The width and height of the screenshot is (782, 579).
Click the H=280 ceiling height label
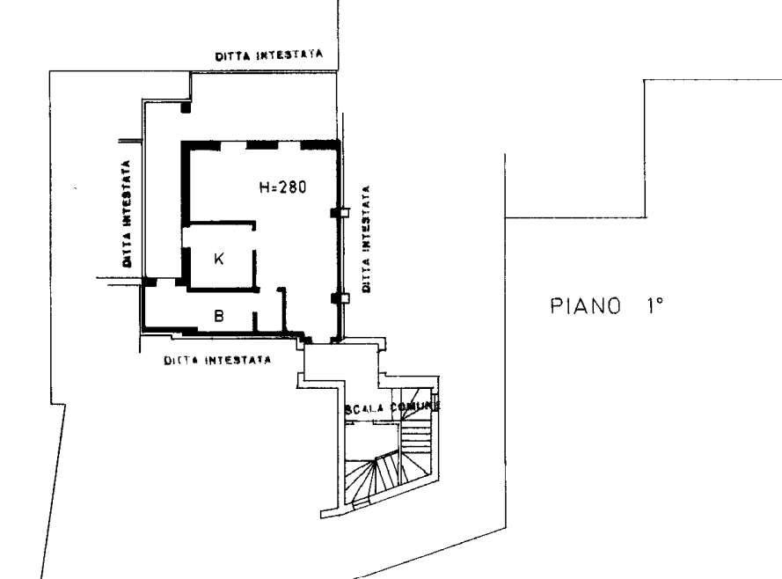click(x=282, y=187)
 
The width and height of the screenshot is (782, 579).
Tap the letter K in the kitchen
click(x=220, y=258)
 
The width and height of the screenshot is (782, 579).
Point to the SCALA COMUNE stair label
click(x=392, y=408)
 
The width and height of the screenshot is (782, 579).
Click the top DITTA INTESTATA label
click(x=269, y=55)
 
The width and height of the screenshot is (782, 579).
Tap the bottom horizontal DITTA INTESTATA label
click(x=216, y=360)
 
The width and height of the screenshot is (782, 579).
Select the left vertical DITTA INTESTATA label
click(x=128, y=214)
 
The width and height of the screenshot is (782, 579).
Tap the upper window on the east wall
click(x=338, y=212)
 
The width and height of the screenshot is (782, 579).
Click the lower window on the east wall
click(x=338, y=298)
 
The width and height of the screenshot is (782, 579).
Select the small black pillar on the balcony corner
click(x=186, y=107)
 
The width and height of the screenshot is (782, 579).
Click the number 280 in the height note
click(x=292, y=187)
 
